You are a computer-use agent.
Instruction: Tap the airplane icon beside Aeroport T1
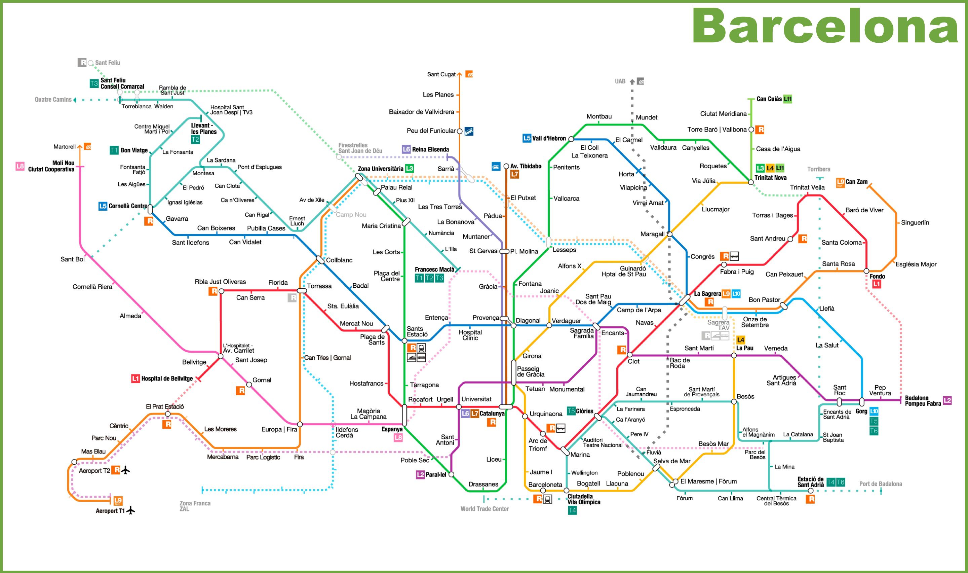131,510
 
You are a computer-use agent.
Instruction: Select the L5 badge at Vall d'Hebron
527,138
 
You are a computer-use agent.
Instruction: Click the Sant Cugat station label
441,74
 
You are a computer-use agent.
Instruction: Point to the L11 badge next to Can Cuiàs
787,99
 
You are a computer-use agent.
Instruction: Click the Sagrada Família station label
582,333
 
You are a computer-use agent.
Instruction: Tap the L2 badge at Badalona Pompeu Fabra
947,400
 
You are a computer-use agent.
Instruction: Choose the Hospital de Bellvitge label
167,379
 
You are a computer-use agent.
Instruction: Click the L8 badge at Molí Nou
20,166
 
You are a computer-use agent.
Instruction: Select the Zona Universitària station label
380,169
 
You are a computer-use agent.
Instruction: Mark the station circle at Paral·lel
451,474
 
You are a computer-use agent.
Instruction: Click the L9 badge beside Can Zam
840,182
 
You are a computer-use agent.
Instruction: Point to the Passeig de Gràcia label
531,371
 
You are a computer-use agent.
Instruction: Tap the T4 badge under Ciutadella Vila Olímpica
572,510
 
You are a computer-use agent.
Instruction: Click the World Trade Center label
484,509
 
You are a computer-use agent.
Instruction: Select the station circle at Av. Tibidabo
506,166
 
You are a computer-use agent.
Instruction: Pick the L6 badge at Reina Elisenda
406,149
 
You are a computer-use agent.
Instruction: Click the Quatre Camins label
53,100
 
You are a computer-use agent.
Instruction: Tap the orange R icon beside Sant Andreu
803,239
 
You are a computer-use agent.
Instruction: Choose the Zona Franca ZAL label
195,506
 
